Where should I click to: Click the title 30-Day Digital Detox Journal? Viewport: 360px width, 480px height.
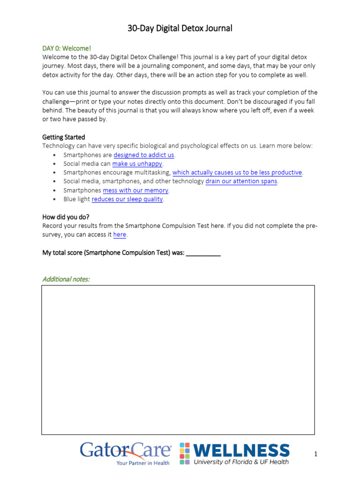180,28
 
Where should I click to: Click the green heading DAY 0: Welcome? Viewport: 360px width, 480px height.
67,48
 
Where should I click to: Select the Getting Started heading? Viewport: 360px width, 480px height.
64,137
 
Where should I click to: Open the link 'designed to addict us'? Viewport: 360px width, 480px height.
144,155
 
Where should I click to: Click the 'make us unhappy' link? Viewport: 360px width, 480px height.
137,164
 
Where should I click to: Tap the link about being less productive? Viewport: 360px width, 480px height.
237,172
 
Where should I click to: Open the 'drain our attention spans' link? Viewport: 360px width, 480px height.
241,181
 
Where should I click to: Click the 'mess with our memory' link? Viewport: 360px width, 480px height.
135,190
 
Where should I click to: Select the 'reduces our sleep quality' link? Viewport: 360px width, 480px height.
127,199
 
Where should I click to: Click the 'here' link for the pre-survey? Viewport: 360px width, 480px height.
120,235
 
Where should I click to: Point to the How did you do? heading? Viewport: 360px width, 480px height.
66,217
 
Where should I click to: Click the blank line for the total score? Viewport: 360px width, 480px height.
203,253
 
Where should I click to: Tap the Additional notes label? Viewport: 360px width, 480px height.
66,279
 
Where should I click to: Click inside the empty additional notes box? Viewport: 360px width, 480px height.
178,360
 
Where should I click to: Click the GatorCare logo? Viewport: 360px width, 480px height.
125,450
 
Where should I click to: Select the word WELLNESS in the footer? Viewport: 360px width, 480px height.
241,450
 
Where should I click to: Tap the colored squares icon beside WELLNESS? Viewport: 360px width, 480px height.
185,453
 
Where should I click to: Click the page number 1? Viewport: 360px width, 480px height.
316,454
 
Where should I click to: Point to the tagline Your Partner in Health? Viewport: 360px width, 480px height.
143,463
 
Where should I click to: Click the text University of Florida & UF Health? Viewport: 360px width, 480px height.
241,462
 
